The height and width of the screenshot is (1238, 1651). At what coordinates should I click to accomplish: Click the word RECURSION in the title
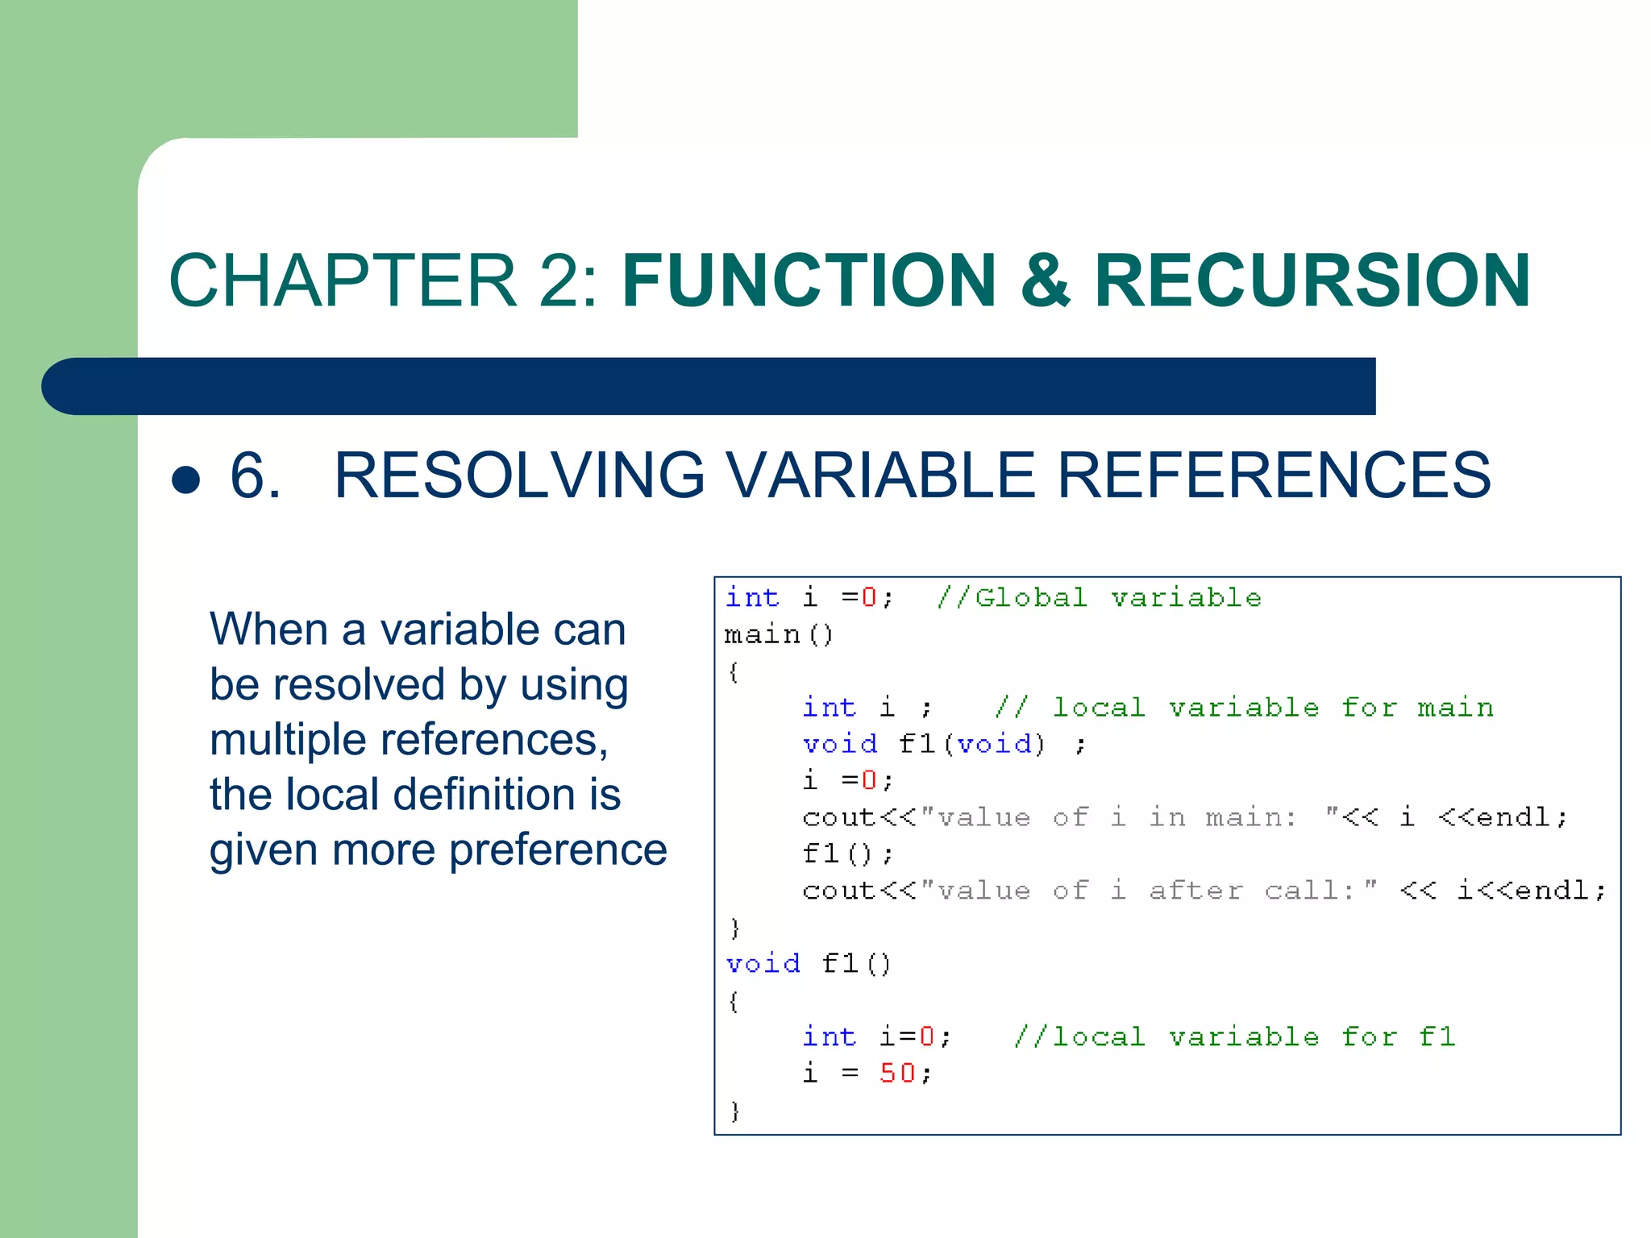pyautogui.click(x=1312, y=280)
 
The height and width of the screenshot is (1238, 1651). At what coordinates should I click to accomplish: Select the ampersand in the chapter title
pyautogui.click(x=1046, y=280)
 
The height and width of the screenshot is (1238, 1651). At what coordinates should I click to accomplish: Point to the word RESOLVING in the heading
pyautogui.click(x=519, y=476)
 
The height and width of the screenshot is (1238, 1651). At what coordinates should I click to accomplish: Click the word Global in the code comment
pyautogui.click(x=1031, y=597)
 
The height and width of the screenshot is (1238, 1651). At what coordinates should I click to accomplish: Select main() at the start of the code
pyautogui.click(x=779, y=635)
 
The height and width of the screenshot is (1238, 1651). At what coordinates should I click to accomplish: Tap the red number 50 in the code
pyautogui.click(x=897, y=1073)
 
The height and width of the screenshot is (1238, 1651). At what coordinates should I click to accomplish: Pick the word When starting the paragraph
pyautogui.click(x=268, y=629)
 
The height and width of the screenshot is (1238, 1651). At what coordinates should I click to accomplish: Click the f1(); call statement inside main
pyautogui.click(x=847, y=854)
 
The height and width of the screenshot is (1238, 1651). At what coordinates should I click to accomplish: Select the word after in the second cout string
pyautogui.click(x=1196, y=891)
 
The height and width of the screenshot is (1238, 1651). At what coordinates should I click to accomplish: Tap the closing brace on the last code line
pyautogui.click(x=734, y=1111)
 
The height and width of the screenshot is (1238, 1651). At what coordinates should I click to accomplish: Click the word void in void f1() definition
pyautogui.click(x=763, y=964)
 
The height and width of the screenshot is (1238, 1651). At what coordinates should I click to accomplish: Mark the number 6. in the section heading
pyautogui.click(x=256, y=476)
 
